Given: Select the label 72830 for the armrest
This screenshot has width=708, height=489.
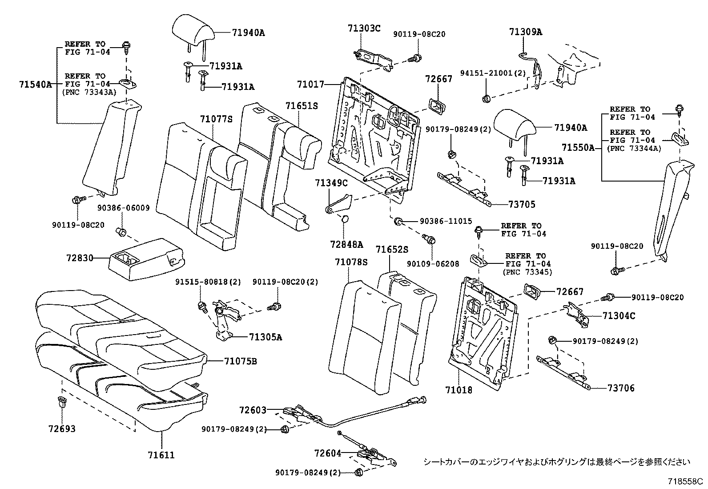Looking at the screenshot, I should pos(80,258).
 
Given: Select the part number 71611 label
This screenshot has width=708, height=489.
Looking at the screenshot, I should pos(161,455).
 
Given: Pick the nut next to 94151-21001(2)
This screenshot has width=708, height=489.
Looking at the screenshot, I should pos(486,98).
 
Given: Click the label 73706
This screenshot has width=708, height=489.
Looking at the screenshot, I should pos(621,388).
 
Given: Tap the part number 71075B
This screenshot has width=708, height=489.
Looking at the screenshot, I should pos(240,361).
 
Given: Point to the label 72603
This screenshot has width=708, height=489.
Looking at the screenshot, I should pos(252,409).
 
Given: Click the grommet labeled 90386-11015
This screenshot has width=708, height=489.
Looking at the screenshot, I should pos(399,221).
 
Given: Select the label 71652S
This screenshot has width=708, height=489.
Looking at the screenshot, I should pos(391,250).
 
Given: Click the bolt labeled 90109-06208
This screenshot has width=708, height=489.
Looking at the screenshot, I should pos(430,241).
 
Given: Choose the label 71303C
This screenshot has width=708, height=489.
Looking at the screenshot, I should pos(364,28).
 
